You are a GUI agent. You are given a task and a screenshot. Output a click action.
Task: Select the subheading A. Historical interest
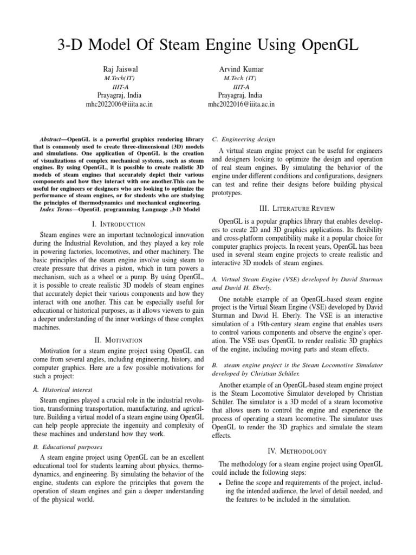(64, 390)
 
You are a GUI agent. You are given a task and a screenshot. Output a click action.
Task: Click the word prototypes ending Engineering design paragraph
(231, 193)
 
